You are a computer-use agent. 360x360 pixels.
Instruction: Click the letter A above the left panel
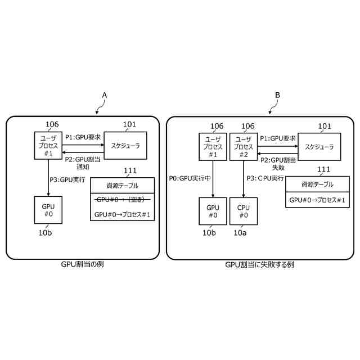tap(104, 96)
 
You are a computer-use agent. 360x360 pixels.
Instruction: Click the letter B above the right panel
tap(277, 96)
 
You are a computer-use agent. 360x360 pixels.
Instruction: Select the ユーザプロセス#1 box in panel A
tap(48, 146)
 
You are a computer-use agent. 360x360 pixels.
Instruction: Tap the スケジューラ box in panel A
tap(125, 146)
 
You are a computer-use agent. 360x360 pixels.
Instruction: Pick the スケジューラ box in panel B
tap(319, 147)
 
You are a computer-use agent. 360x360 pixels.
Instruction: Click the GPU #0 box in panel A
tap(48, 210)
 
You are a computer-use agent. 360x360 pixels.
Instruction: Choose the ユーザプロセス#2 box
tap(243, 147)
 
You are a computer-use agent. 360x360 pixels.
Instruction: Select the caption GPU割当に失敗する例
tap(259, 264)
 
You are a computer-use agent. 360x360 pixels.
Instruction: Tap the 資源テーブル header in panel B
tap(317, 184)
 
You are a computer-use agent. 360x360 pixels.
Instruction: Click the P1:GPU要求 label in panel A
tap(83, 137)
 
